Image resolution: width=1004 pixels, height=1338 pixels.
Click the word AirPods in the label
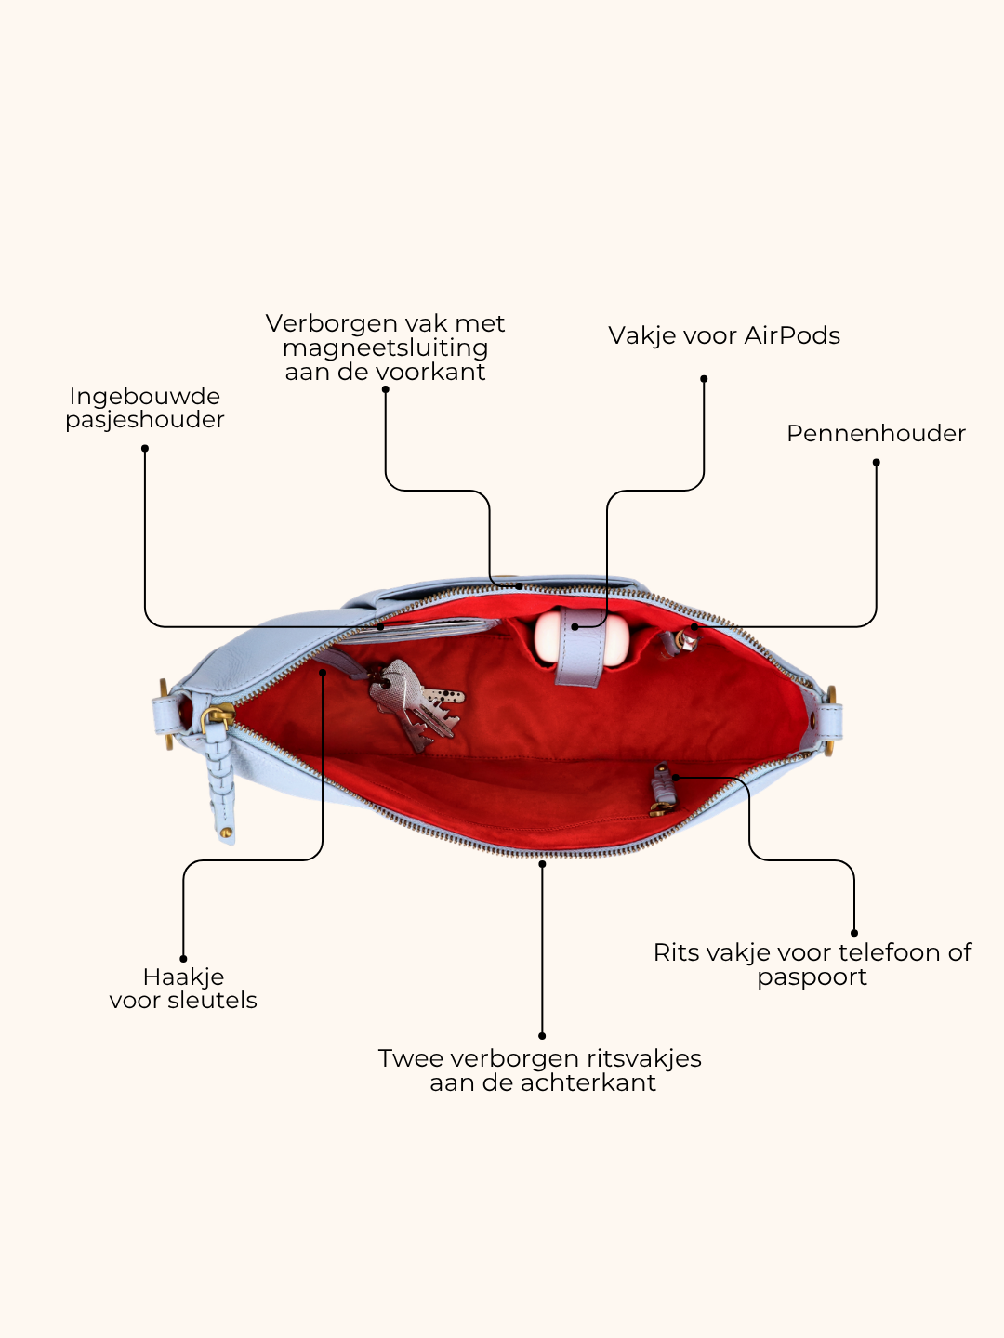coord(792,335)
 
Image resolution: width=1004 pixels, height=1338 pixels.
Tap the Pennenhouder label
coord(876,433)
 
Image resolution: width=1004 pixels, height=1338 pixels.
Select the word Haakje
coord(183,977)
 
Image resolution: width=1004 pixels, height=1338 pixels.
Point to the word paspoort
coord(812,977)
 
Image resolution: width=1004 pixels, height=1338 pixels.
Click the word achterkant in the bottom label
coord(588,1082)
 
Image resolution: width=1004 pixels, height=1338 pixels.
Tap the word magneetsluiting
coord(385,348)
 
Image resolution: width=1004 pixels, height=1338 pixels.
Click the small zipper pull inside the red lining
coord(663,791)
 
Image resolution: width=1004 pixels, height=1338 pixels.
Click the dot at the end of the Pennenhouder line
coord(876,462)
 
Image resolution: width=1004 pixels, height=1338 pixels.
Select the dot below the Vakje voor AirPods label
coord(704,378)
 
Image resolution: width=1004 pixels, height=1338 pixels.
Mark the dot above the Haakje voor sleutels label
coord(183,959)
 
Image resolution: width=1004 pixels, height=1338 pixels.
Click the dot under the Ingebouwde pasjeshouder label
coord(145,448)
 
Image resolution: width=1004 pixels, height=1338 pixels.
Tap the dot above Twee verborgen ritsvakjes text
coord(542,1036)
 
